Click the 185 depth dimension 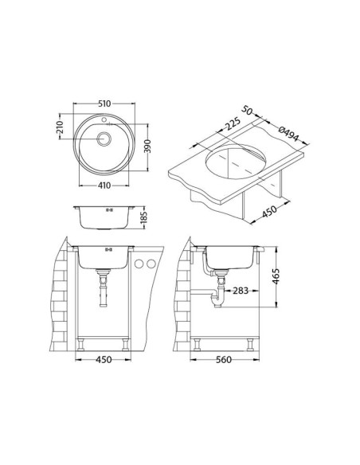[x=146, y=216]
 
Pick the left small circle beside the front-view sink [x=138, y=264]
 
